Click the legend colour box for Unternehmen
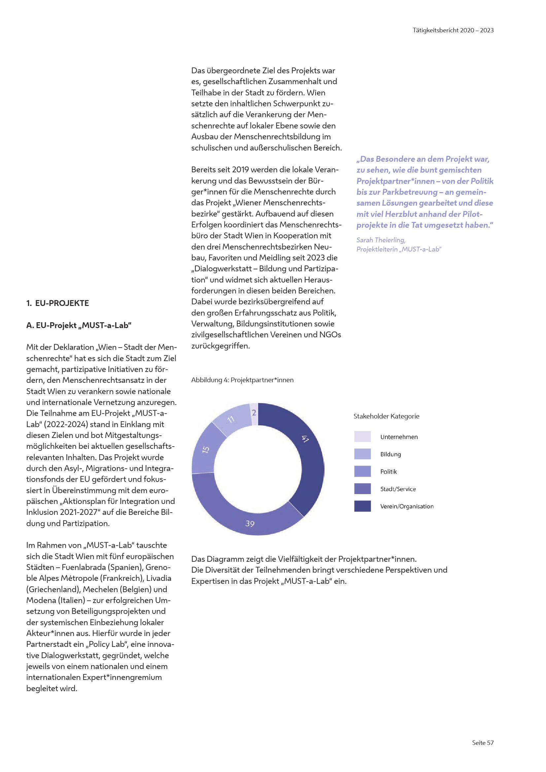(x=362, y=436)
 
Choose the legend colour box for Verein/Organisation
(x=362, y=506)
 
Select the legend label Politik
(x=388, y=472)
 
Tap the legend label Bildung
(x=390, y=454)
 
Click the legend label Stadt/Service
(x=398, y=489)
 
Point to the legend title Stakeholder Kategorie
(x=386, y=416)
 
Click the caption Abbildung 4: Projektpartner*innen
(x=242, y=380)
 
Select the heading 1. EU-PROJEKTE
(x=57, y=303)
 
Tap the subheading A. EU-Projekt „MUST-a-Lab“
(x=79, y=325)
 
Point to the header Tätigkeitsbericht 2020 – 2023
(x=453, y=30)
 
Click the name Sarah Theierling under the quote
(x=381, y=240)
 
